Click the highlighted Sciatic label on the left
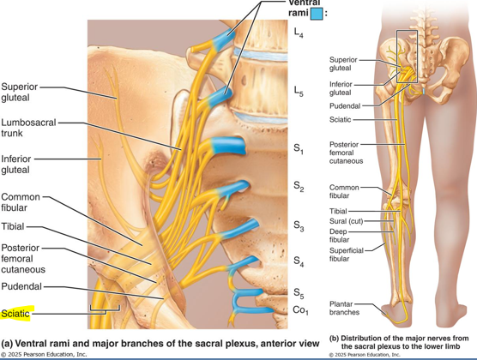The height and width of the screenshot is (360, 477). pos(16,315)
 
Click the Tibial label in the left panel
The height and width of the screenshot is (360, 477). pos(13,227)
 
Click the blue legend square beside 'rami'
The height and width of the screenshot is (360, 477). pos(317,14)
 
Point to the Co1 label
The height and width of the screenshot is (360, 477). pos(300,309)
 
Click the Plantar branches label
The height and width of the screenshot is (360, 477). pos(347,309)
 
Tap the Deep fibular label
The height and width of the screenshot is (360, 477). pos(341,234)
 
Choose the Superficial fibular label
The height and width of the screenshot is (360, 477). pos(347,253)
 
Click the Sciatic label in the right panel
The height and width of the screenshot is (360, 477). pos(343,119)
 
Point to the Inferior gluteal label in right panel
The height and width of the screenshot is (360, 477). pos(341,89)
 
